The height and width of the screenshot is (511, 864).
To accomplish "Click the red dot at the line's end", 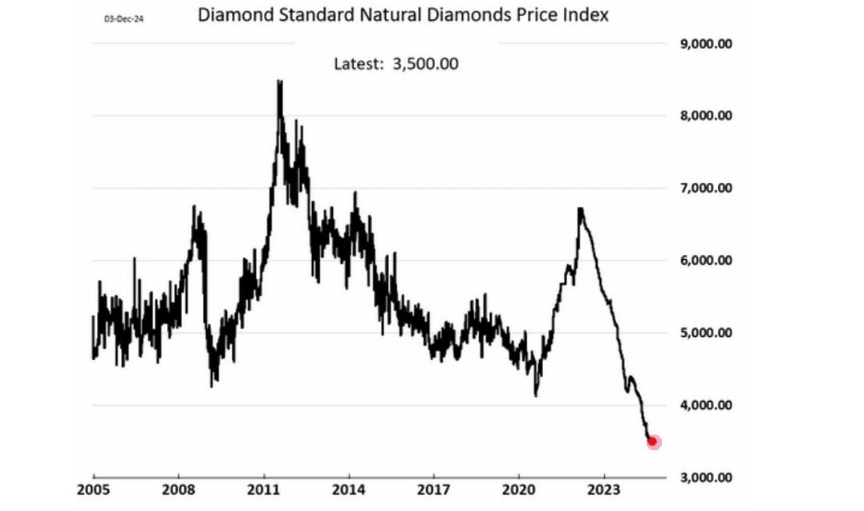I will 653,441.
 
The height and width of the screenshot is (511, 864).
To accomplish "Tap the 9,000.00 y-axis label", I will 706,44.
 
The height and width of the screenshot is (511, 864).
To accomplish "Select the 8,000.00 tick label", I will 706,116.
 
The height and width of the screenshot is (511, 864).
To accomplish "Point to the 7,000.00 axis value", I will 706,188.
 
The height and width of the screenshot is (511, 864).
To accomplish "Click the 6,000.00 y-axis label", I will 706,260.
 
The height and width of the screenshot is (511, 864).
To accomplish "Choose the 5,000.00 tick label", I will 706,332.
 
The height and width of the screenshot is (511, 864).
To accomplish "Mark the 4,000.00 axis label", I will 706,404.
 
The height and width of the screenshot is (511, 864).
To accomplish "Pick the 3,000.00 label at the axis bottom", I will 706,477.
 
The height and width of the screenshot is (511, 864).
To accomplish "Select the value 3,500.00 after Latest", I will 425,64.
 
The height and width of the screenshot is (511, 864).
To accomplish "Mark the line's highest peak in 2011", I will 279,82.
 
